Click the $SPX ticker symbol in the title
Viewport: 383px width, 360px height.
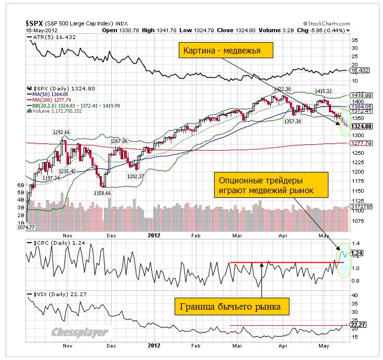pyautogui.click(x=35, y=23)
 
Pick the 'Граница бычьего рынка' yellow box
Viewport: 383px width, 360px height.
pyautogui.click(x=232, y=307)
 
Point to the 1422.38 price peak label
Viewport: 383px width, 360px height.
pyautogui.click(x=282, y=89)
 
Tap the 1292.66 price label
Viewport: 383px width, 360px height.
pyautogui.click(x=61, y=132)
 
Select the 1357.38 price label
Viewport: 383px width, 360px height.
pyautogui.click(x=297, y=121)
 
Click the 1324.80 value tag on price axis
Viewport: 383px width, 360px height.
pyautogui.click(x=362, y=126)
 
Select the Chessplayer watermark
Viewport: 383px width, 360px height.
pyautogui.click(x=80, y=332)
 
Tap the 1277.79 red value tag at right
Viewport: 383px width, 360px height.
pyautogui.click(x=362, y=143)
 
